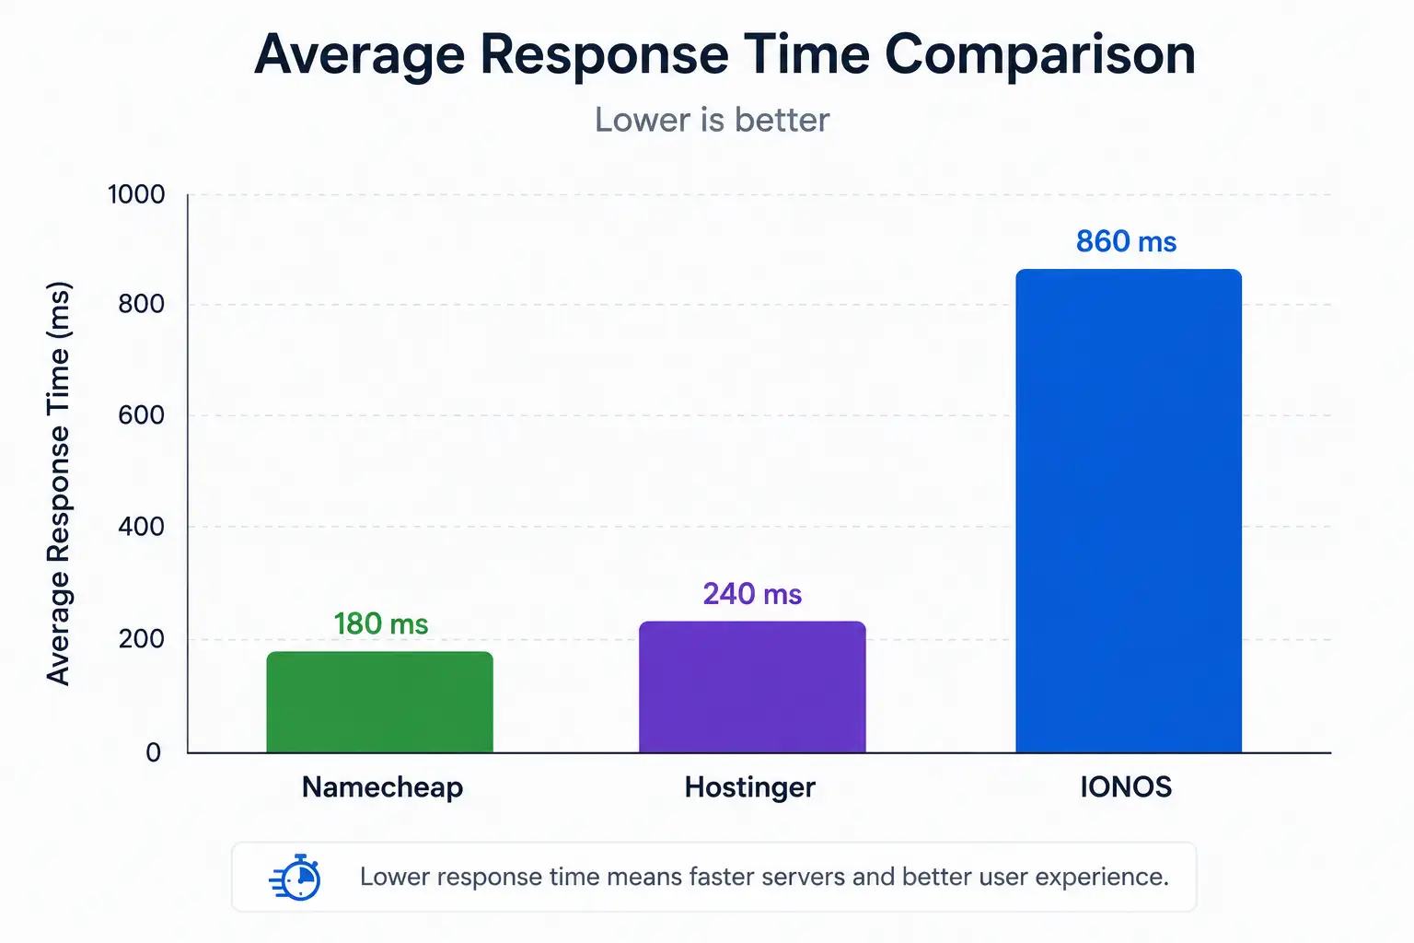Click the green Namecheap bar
pos(379,702)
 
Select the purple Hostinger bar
pos(752,687)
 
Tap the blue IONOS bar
pos(1129,511)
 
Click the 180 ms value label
pos(380,624)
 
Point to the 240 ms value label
pos(752,594)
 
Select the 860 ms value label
pos(1126,241)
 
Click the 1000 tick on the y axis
pos(136,194)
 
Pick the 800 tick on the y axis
pos(142,304)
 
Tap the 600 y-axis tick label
pos(142,415)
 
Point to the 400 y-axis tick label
pos(142,526)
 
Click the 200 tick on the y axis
pos(142,639)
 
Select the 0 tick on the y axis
pos(154,752)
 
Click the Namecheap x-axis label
pos(383,787)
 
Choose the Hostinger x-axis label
pos(750,787)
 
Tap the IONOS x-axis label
pos(1126,787)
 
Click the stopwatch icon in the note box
pos(296,877)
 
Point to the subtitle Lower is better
pos(712,120)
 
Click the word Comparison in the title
pos(1040,55)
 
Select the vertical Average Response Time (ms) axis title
pos(59,483)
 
